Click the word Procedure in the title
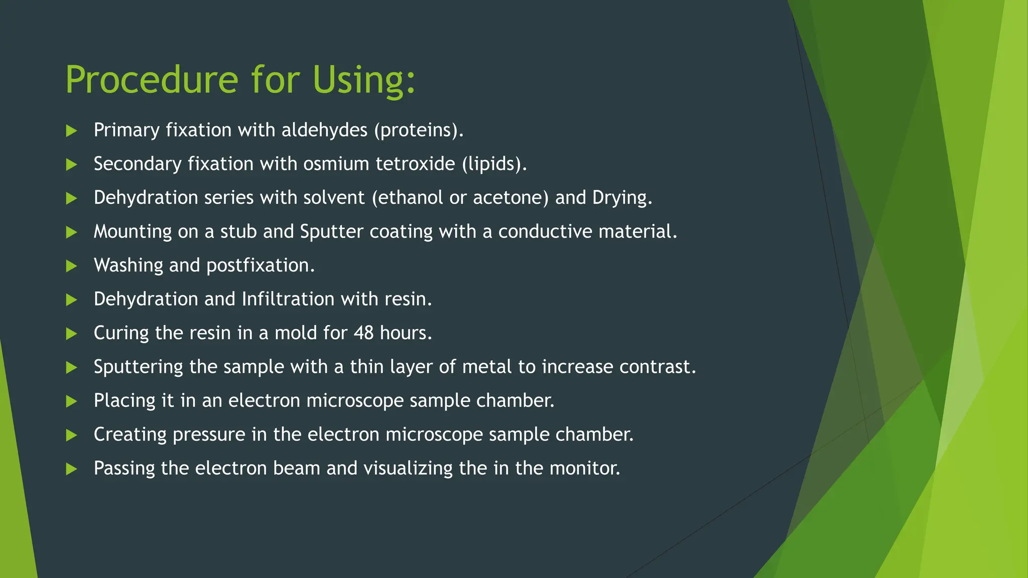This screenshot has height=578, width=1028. click(151, 80)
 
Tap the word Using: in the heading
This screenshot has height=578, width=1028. click(364, 80)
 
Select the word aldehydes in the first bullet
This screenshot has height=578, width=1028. click(324, 130)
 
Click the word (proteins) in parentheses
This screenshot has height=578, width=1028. click(417, 130)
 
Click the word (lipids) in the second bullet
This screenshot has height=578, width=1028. click(492, 164)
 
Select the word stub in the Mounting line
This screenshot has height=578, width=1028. click(238, 232)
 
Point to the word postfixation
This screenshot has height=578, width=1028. click(258, 265)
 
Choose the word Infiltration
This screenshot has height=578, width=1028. click(288, 299)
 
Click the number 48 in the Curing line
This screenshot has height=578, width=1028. click(363, 333)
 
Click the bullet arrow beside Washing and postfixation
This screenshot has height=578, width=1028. click(71, 266)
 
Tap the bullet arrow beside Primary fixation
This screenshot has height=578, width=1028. click(71, 131)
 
